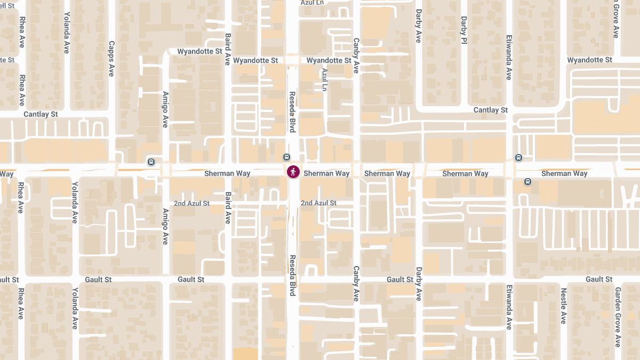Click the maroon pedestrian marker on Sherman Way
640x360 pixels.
tap(293, 172)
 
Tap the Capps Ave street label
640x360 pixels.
tap(111, 59)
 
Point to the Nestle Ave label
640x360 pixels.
tap(563, 306)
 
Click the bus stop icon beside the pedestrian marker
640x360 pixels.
tap(287, 157)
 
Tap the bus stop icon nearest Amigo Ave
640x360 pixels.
tap(151, 162)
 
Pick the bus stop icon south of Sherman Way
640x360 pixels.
tap(527, 181)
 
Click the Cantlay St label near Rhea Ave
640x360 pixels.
tap(41, 114)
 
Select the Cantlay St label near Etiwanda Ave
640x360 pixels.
tap(491, 110)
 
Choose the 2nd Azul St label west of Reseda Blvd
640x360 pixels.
tap(192, 204)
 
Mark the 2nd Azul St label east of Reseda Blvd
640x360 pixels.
tap(318, 203)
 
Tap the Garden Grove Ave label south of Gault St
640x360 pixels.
tap(618, 317)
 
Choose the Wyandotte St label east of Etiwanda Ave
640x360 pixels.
tap(589, 60)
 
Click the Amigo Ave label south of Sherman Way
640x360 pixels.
tap(165, 226)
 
